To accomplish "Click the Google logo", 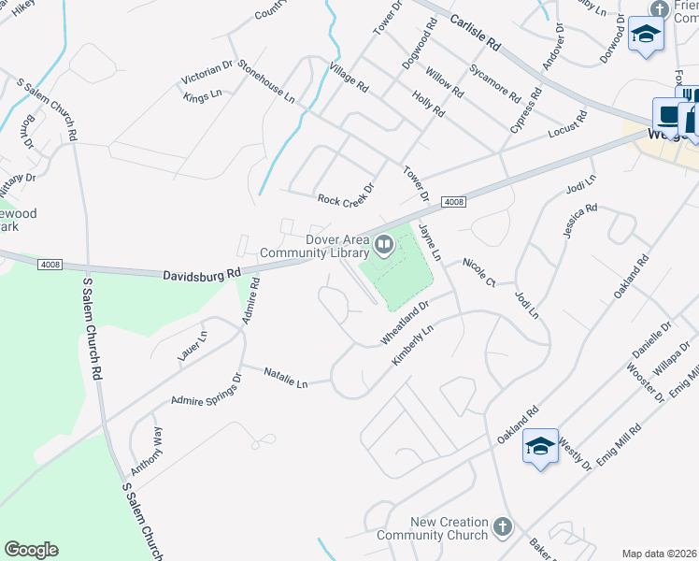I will [x=31, y=550].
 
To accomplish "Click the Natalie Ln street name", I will [x=285, y=378].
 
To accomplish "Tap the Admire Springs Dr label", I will [x=206, y=389].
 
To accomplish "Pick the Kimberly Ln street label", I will [x=414, y=345].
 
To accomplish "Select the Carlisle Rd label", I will [x=476, y=32].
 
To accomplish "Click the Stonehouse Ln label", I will [x=266, y=81].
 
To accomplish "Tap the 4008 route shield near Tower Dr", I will [x=452, y=202].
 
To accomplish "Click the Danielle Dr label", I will [x=651, y=345].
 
